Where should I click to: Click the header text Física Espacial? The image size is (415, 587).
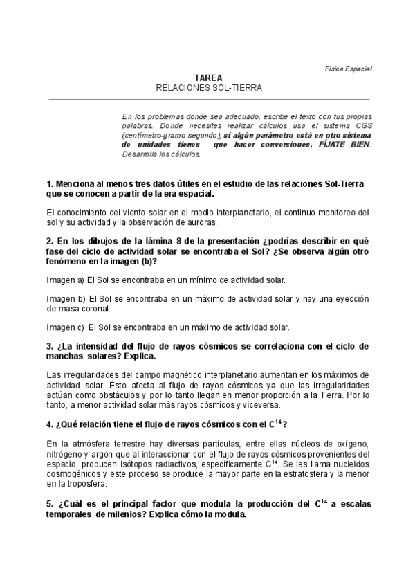tap(349, 69)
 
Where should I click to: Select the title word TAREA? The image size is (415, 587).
tap(208, 79)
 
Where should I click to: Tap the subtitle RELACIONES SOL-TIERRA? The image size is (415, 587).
tap(208, 89)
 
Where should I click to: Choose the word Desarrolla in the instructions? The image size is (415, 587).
tap(140, 154)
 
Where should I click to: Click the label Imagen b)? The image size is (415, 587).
tap(66, 298)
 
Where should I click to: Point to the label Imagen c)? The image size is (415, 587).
tap(66, 327)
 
